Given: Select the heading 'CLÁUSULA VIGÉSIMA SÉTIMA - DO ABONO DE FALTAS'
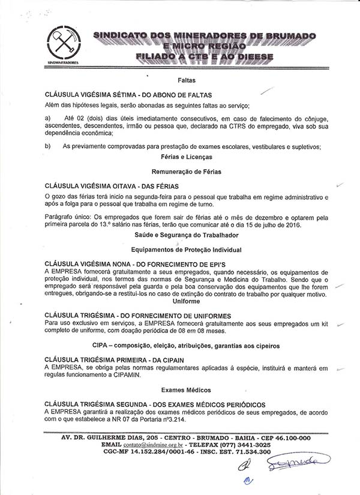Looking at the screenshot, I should coord(128,95).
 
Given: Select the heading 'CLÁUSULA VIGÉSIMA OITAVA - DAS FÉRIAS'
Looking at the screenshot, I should coord(112,187).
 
